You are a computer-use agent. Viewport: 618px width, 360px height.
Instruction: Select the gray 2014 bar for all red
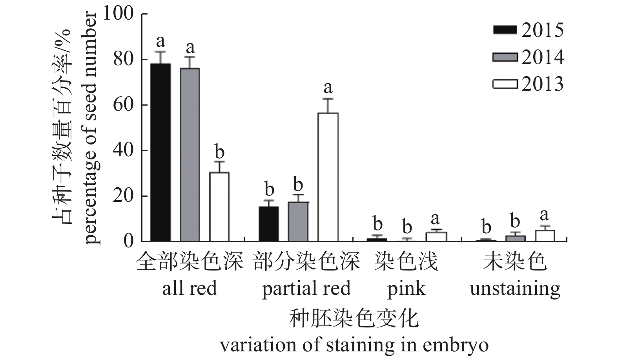190,155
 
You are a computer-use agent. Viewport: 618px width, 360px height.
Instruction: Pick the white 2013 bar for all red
219,207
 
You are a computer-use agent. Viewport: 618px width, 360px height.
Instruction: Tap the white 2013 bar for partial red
328,177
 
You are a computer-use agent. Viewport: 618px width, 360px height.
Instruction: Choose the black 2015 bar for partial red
269,224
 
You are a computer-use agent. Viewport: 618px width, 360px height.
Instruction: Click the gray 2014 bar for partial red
298,221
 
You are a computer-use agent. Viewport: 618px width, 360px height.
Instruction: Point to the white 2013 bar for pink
436,237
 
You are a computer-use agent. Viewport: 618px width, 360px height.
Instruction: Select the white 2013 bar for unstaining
545,236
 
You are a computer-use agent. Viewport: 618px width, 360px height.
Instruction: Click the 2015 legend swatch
505,30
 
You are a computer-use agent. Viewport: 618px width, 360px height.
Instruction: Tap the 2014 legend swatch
505,57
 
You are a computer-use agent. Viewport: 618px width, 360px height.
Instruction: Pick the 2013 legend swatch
505,84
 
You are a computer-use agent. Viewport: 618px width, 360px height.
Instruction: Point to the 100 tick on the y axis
117,14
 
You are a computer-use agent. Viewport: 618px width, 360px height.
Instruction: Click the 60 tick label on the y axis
123,105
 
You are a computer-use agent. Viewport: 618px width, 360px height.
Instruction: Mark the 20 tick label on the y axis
123,196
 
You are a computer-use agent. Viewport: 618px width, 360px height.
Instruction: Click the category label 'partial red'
306,289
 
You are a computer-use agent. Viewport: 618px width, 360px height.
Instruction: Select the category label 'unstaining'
515,289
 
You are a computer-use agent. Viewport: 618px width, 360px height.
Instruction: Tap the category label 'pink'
406,289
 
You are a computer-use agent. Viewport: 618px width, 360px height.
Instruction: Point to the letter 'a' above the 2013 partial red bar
328,87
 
